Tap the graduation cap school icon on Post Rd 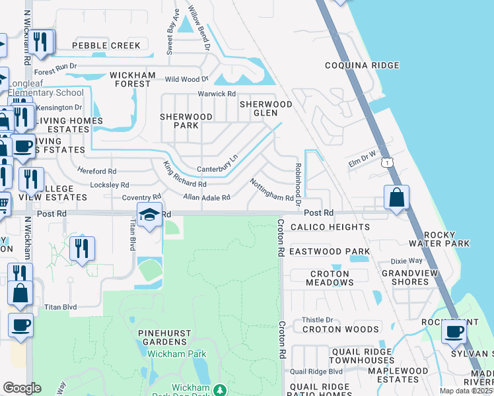click(150, 216)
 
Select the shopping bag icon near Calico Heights click(396, 198)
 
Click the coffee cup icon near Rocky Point click(454, 331)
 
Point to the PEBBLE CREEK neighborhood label click(106, 46)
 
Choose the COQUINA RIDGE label click(362, 65)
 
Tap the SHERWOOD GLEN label click(265, 109)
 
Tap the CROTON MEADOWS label click(330, 278)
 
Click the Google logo click(22, 387)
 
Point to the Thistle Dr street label click(318, 320)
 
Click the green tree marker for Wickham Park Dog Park click(223, 391)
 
